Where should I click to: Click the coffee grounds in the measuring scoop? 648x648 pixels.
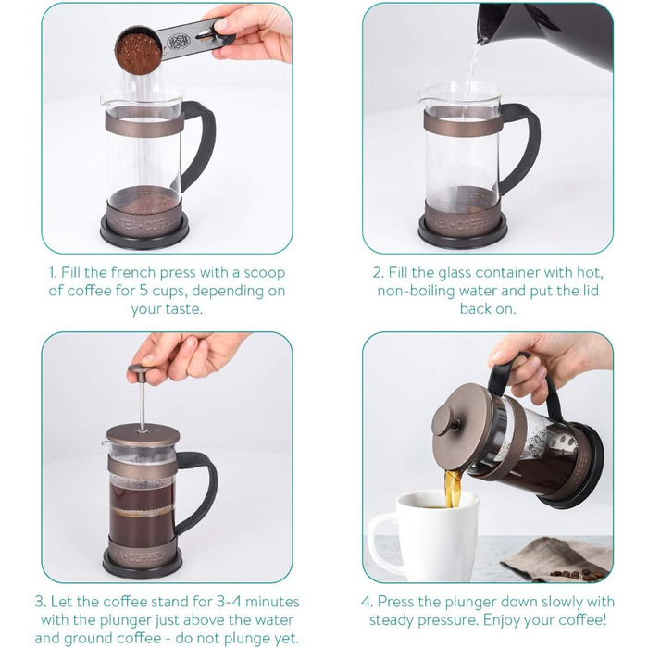[x=138, y=52]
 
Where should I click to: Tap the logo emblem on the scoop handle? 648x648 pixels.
[x=178, y=42]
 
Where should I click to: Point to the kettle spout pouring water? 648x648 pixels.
[x=482, y=40]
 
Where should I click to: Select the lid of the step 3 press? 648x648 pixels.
[x=143, y=433]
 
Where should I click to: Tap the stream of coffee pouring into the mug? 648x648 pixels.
[x=453, y=489]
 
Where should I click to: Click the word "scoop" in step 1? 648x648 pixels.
[x=265, y=273]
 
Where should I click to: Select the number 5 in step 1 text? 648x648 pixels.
[x=143, y=291]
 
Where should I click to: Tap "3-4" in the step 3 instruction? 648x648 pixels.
[x=229, y=602]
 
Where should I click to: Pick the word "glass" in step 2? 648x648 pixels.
[x=456, y=273]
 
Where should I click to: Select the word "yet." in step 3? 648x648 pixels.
[x=287, y=639]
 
